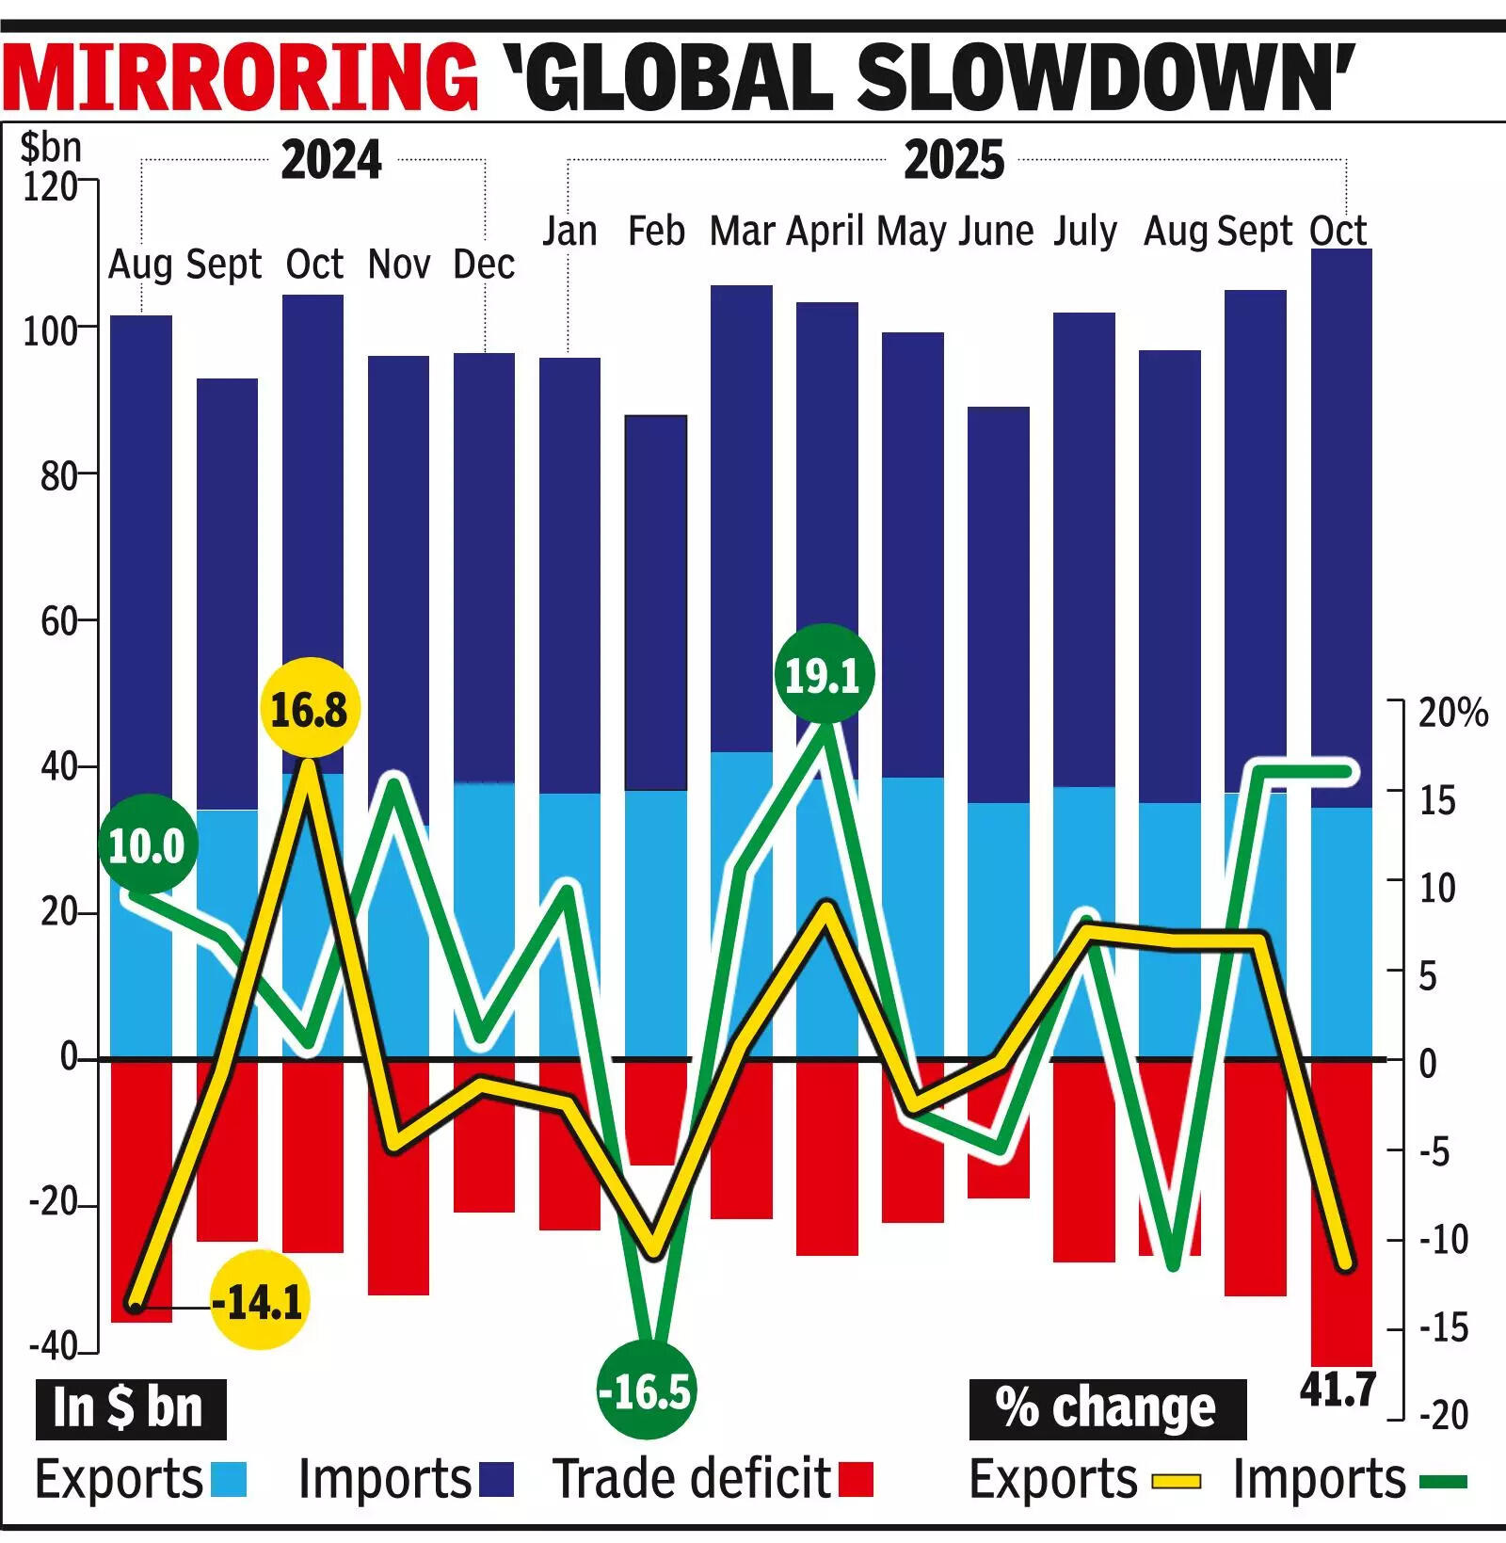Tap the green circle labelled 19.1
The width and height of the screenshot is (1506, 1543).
[x=824, y=675]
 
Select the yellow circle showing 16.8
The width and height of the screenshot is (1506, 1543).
[x=309, y=710]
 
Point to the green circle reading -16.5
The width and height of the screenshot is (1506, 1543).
[x=646, y=1390]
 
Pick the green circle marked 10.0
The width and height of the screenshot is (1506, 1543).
[x=147, y=845]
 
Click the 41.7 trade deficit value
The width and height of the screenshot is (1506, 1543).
[x=1338, y=1389]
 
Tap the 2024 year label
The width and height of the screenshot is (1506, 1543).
[x=331, y=160]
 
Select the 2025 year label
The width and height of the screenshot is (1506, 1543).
[x=953, y=160]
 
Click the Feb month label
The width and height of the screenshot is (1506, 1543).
[x=656, y=231]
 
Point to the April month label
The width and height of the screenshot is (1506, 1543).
[x=825, y=231]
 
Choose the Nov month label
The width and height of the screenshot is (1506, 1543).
[x=399, y=265]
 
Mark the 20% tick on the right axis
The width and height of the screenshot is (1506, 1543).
[x=1452, y=714]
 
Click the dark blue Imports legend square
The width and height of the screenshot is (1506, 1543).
[x=496, y=1479]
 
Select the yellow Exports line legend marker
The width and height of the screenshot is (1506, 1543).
[x=1177, y=1481]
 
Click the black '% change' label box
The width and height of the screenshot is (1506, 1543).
[x=1107, y=1409]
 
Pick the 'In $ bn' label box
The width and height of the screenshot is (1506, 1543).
[x=130, y=1409]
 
